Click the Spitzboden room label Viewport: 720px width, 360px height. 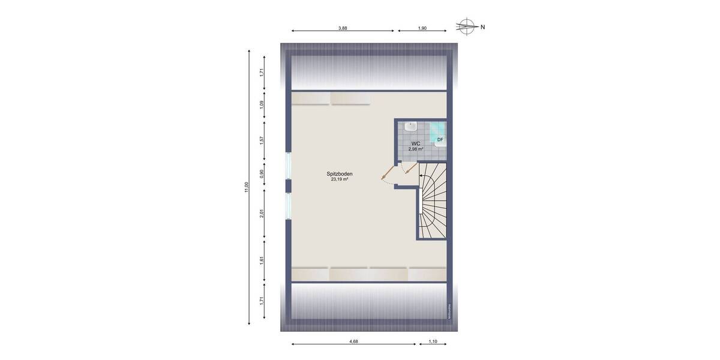point(340,174)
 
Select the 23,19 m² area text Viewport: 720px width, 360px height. point(340,179)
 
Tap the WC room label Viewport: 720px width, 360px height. point(415,144)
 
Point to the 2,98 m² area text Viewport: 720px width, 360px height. point(415,149)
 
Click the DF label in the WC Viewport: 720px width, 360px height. point(440,140)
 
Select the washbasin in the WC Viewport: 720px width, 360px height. point(411,127)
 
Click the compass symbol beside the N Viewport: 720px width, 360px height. point(466,26)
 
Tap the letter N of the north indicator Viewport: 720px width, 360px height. point(482,26)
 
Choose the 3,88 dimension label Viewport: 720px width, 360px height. point(343,28)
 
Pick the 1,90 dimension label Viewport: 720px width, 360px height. point(422,28)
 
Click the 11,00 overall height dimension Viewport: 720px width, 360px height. point(246,187)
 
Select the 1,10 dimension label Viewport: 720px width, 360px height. point(433,341)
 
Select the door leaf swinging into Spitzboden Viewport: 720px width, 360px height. point(388,174)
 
